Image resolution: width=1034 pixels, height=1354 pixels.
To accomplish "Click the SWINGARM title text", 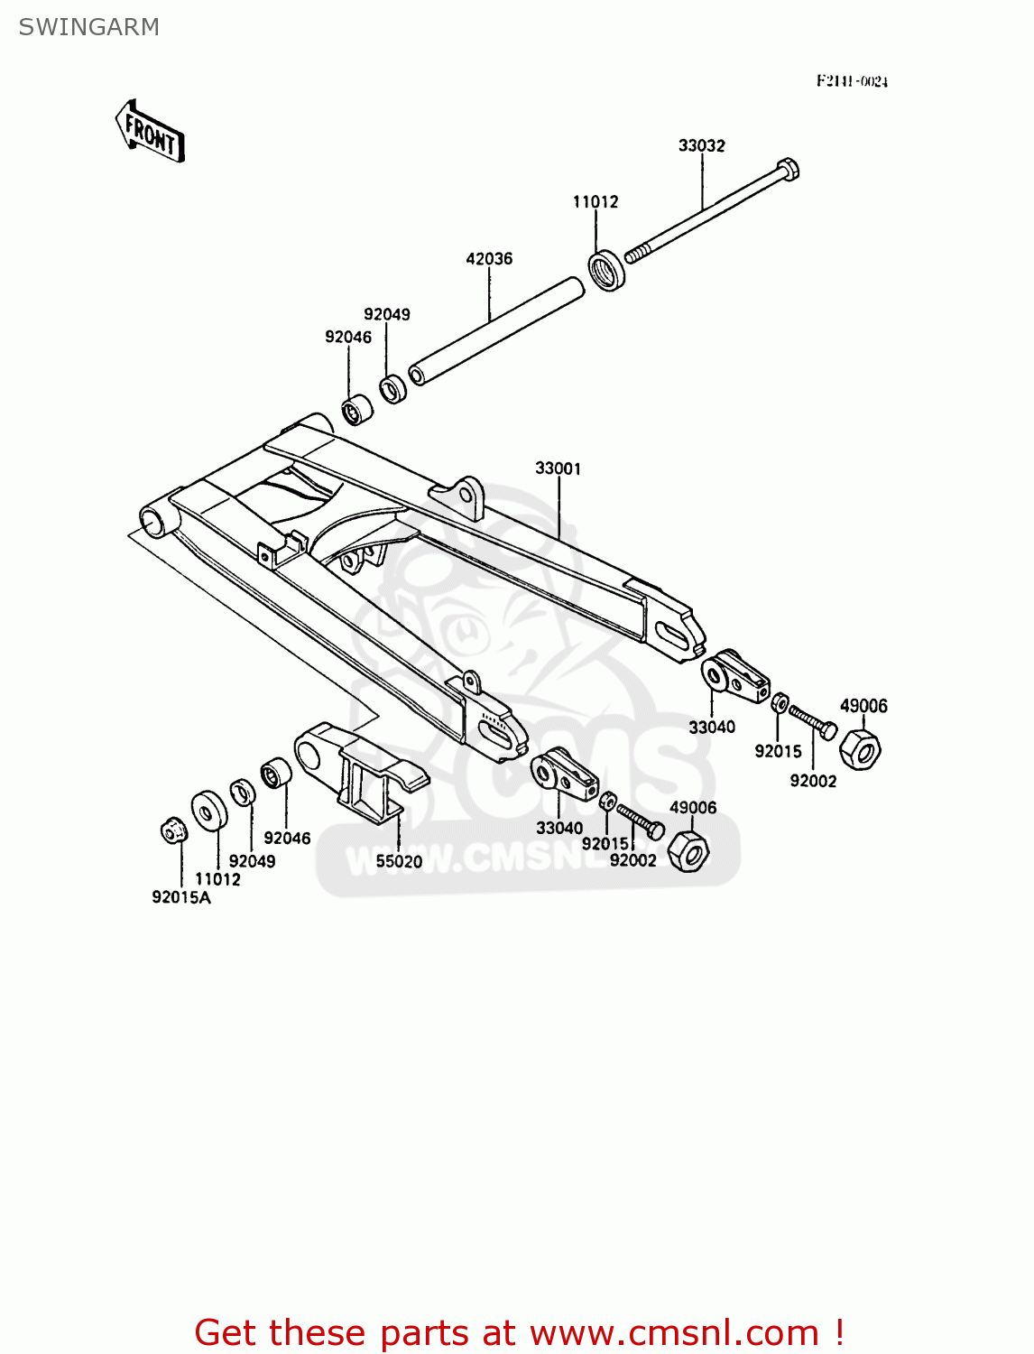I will tap(88, 27).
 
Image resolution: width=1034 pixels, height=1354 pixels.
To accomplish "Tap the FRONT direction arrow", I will tap(150, 132).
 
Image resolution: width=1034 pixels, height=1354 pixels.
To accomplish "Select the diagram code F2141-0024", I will tap(852, 81).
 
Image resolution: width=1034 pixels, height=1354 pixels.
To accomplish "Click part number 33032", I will tap(701, 145).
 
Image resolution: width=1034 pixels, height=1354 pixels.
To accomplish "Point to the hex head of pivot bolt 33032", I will tap(788, 169).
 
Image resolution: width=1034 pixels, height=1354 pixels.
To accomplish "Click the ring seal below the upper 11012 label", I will tap(608, 269).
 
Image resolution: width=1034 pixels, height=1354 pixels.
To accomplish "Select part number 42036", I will tap(489, 259).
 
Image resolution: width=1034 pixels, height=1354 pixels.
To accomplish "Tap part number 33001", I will tap(559, 468).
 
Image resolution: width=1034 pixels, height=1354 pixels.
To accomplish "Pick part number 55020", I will tap(399, 861).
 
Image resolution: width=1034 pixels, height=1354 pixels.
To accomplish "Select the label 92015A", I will tap(180, 897).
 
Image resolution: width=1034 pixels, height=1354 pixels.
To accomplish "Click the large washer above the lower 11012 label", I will tap(209, 810).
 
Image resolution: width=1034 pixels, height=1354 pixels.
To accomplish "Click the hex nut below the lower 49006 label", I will tap(689, 849).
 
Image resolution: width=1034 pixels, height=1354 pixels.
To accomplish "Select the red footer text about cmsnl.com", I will tap(519, 1332).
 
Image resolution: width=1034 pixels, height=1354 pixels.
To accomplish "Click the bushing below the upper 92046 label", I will tap(357, 411).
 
